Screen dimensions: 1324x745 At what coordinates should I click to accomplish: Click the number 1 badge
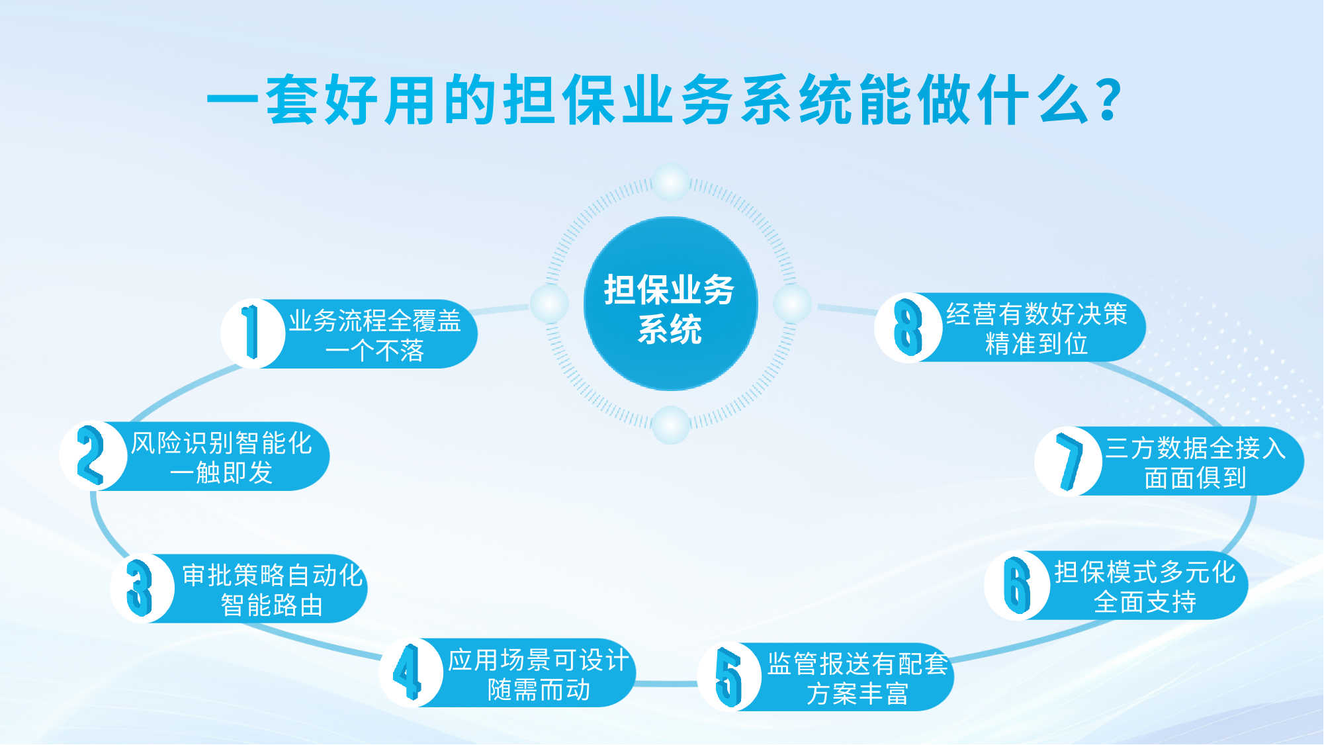(x=252, y=333)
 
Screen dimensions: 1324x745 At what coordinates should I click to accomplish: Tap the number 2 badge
(x=93, y=456)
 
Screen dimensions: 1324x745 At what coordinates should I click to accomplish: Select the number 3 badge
(x=142, y=588)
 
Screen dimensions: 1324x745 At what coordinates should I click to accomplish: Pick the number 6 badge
(x=1017, y=585)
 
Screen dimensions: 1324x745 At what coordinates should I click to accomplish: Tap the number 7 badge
(x=1068, y=461)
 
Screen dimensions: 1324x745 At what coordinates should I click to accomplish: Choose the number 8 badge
(x=908, y=327)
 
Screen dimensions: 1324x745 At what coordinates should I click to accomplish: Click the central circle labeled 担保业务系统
(x=670, y=304)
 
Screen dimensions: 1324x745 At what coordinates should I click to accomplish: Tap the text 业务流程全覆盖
(x=375, y=321)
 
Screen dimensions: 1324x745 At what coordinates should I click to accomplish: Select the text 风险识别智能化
(x=222, y=443)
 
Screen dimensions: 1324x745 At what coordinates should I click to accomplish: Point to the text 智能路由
(x=272, y=605)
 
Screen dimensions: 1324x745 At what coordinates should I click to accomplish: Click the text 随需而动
(x=539, y=690)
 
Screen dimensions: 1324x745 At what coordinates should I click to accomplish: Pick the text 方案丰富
(x=858, y=694)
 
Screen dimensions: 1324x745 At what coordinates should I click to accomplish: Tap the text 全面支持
(x=1145, y=602)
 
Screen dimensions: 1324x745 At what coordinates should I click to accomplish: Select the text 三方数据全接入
(x=1196, y=448)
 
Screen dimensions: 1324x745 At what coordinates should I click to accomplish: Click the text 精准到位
(x=1037, y=344)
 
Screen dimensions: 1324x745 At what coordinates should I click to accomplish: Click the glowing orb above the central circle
(x=671, y=182)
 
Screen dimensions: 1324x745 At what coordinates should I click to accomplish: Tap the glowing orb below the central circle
(x=671, y=425)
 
